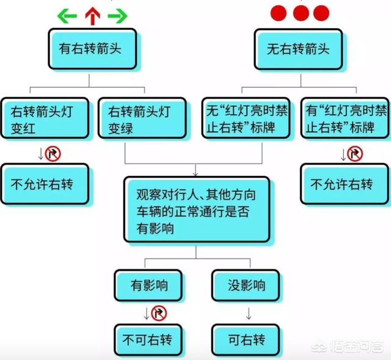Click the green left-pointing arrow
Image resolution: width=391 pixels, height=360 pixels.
(x=67, y=16)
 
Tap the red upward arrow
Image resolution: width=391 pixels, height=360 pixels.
(x=92, y=16)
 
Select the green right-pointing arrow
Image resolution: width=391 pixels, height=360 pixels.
(x=118, y=16)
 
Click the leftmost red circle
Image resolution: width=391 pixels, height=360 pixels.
(x=279, y=13)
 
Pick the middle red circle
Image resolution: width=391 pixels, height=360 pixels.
(x=301, y=13)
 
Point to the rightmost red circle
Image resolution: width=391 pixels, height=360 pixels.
(x=321, y=13)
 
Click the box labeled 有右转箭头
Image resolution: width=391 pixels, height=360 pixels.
(x=92, y=49)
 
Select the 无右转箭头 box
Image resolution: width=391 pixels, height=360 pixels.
(x=298, y=49)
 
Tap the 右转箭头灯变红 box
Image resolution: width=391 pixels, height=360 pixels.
(x=45, y=118)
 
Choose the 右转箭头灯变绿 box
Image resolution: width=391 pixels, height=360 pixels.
(x=142, y=118)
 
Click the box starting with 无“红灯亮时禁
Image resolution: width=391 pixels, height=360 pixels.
(x=246, y=118)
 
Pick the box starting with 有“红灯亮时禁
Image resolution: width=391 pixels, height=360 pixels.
(x=345, y=118)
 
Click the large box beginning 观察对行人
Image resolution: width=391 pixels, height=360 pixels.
(x=197, y=210)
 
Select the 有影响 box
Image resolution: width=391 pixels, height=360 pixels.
(x=148, y=285)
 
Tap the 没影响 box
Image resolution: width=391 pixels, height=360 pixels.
(x=246, y=285)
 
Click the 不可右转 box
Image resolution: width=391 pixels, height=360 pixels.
(x=148, y=340)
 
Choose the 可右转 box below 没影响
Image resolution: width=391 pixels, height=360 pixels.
(x=246, y=340)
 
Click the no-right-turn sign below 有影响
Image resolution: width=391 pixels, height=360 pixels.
(x=159, y=313)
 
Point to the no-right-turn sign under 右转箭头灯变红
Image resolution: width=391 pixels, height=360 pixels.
(x=53, y=153)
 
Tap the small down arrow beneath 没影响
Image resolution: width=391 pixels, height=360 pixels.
(x=249, y=314)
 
